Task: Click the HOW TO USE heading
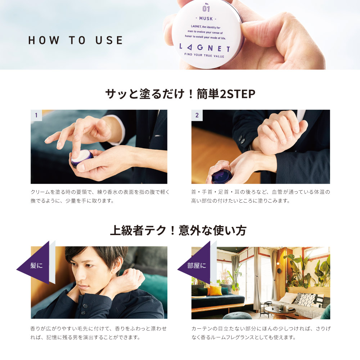click(x=76, y=40)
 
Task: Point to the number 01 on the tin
click(x=206, y=9)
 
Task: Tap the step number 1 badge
click(x=36, y=116)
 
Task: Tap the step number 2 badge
click(x=197, y=116)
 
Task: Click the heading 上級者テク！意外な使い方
click(x=180, y=230)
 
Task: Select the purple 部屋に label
click(x=197, y=266)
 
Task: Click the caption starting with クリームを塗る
click(x=100, y=196)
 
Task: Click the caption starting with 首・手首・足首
click(x=260, y=196)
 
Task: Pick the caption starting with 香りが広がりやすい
click(x=99, y=333)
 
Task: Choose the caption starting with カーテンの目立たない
click(x=261, y=333)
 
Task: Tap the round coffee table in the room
click(x=282, y=311)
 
